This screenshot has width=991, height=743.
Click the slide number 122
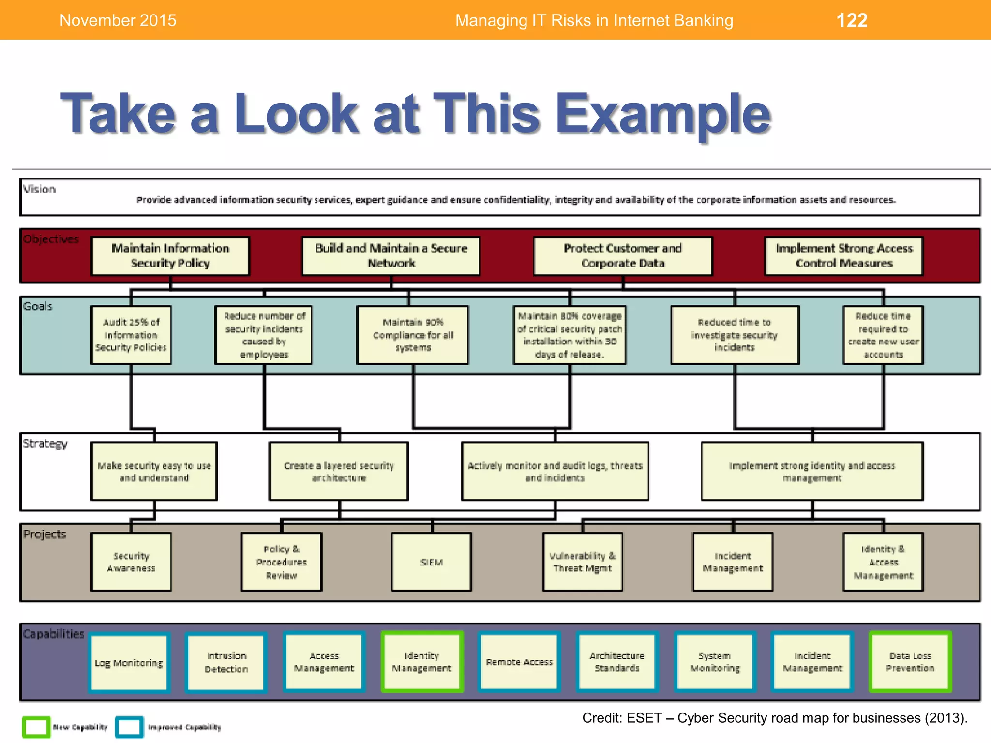coord(852,20)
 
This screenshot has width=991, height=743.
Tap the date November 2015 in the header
coord(118,20)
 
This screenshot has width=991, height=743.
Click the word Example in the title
coord(662,114)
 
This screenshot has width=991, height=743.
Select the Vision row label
coord(40,189)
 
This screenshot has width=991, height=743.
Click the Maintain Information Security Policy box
coord(170,256)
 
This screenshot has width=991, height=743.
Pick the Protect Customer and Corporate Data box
coord(623,256)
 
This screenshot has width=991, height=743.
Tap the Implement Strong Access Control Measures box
coord(844,256)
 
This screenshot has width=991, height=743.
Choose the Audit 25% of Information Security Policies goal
coord(131,335)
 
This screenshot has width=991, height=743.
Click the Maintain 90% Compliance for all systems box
coord(413,335)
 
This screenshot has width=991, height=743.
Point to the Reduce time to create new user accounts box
coord(883,335)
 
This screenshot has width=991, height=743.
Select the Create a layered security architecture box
coord(339,471)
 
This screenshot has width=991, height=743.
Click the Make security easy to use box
coord(154,471)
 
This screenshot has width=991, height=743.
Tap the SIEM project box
coord(432,562)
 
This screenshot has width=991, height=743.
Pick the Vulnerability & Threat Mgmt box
coord(583,562)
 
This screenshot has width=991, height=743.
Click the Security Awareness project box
coord(131,562)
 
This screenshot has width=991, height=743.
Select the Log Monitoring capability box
coord(129,663)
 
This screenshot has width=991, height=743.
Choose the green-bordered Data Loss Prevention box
coord(910,662)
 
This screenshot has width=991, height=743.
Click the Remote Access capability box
coord(519,662)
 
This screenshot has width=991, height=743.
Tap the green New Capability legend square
coord(36,727)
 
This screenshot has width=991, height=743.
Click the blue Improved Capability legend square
coord(129,727)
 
